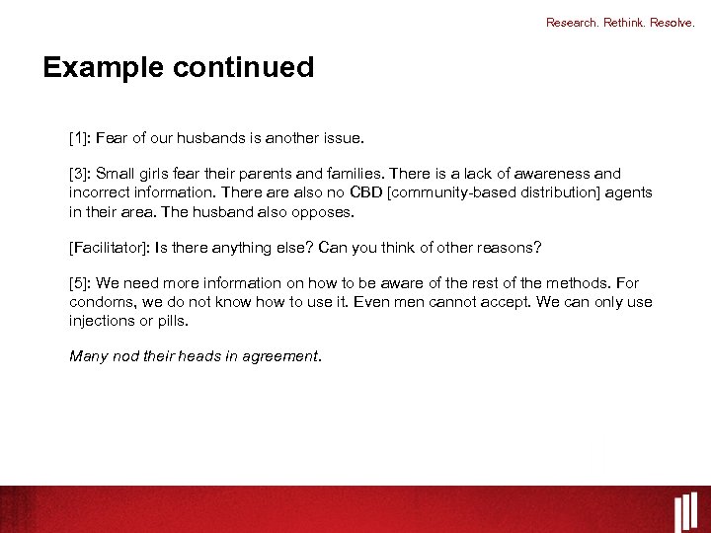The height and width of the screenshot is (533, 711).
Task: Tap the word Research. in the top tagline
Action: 573,23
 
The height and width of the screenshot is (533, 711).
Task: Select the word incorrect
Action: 101,192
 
